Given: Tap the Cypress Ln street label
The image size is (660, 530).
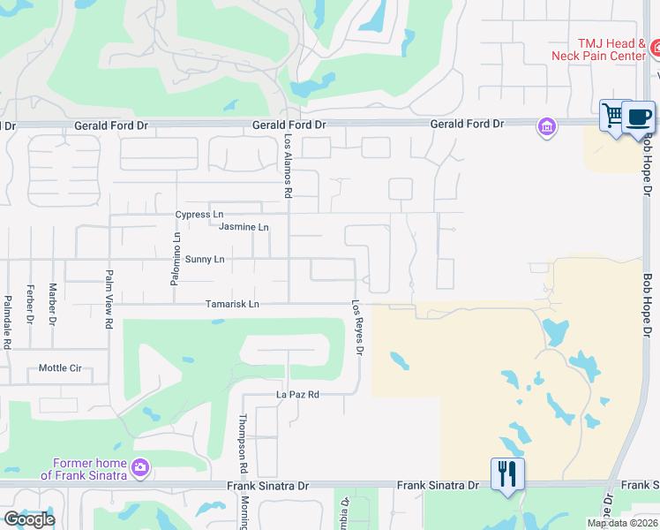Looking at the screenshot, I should [x=199, y=215].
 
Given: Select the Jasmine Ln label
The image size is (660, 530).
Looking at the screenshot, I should [x=244, y=227].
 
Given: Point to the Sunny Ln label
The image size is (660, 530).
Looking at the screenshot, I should [x=205, y=259].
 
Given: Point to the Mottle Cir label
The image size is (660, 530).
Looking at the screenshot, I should [x=60, y=367].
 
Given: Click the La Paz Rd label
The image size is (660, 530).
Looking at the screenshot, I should [x=297, y=394].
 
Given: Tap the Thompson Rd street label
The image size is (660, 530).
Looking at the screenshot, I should [x=242, y=443].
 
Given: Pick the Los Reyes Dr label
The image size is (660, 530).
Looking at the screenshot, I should [x=358, y=329].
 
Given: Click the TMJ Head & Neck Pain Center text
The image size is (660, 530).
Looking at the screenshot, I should [x=599, y=49].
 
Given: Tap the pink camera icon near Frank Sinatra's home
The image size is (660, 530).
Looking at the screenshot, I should [x=140, y=466].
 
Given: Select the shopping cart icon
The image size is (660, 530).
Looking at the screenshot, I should [x=613, y=115].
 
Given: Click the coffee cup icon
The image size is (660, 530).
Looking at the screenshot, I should [x=638, y=117].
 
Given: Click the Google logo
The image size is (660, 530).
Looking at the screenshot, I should [x=28, y=519].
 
